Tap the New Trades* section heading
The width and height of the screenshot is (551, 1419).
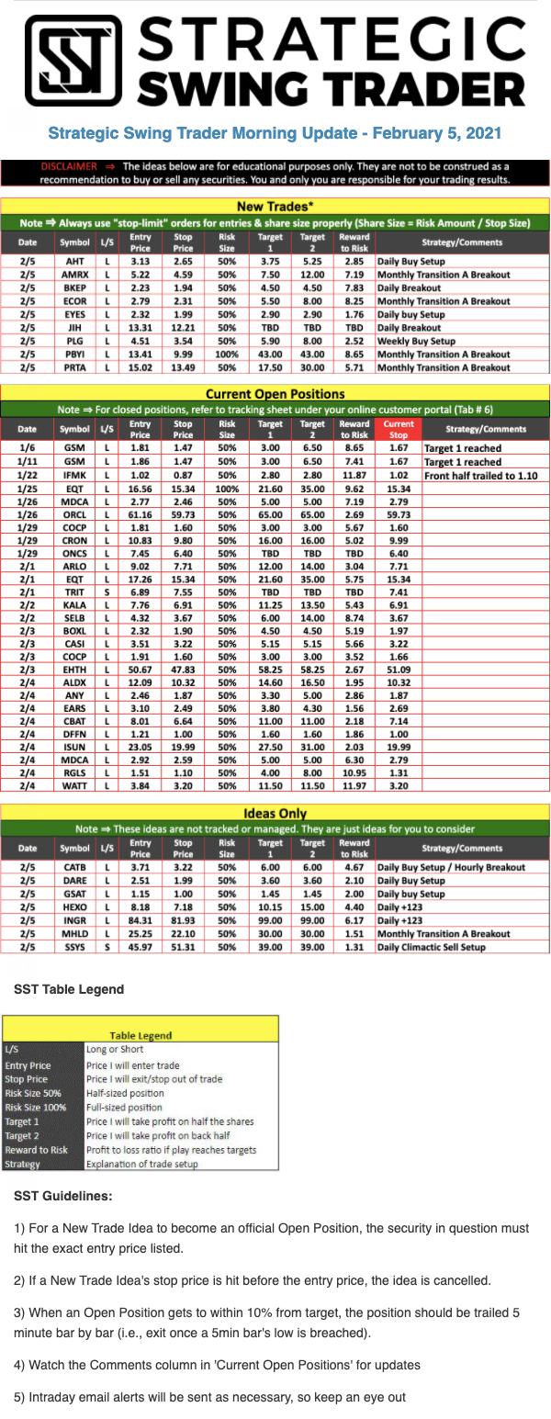[x=275, y=207]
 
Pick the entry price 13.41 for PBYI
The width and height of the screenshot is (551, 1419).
[x=141, y=354]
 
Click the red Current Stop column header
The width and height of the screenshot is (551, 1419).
[x=399, y=429]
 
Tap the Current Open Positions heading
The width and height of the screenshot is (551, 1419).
[x=275, y=393]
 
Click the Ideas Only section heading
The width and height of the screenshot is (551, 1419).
[x=275, y=814]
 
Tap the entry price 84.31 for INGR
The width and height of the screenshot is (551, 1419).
[x=141, y=919]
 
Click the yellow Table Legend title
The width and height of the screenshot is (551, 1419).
[x=141, y=1035]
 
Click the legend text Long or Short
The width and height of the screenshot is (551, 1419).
[x=115, y=1049]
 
